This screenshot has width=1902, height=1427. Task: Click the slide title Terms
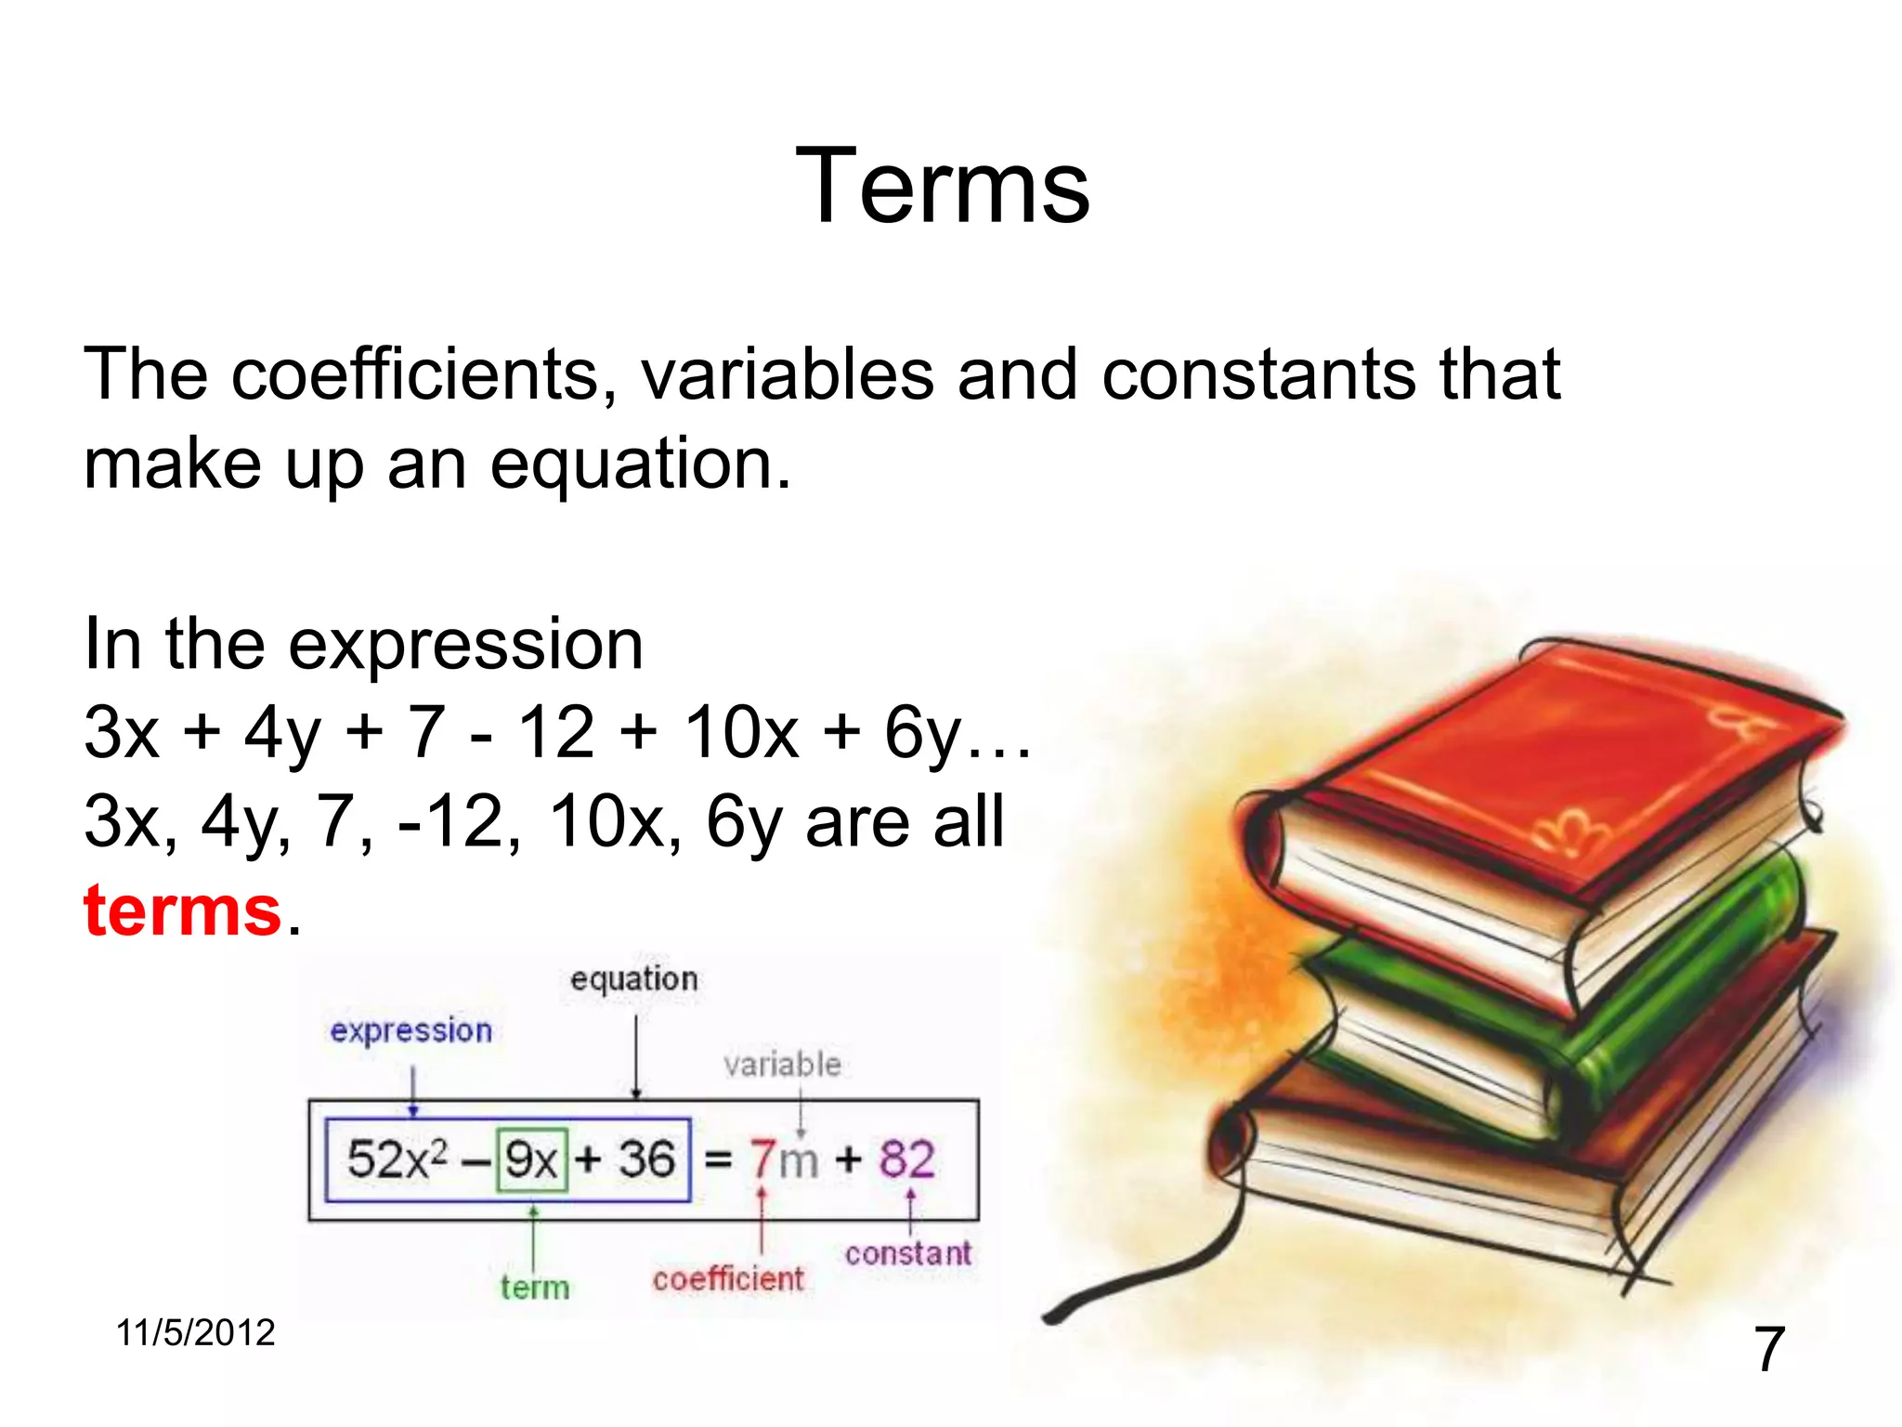943,188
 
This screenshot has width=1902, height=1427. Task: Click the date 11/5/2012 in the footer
195,1332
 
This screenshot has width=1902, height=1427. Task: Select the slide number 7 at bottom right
1768,1349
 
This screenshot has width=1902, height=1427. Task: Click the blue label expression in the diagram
410,1031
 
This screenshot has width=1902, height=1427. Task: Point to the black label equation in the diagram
634,979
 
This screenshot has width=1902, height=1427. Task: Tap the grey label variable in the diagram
782,1065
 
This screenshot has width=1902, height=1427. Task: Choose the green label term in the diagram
535,1288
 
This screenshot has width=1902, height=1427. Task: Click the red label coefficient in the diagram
728,1279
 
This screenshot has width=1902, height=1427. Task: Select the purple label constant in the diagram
907,1254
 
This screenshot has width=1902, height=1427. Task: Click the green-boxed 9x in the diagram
531,1159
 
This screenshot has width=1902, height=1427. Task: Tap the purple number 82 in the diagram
906,1159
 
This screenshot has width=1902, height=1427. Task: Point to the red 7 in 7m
763,1159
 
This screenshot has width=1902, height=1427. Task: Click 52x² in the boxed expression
397,1159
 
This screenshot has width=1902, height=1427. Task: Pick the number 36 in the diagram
645,1159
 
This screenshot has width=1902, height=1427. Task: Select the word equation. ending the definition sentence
641,465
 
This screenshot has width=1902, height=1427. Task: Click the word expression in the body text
465,645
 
